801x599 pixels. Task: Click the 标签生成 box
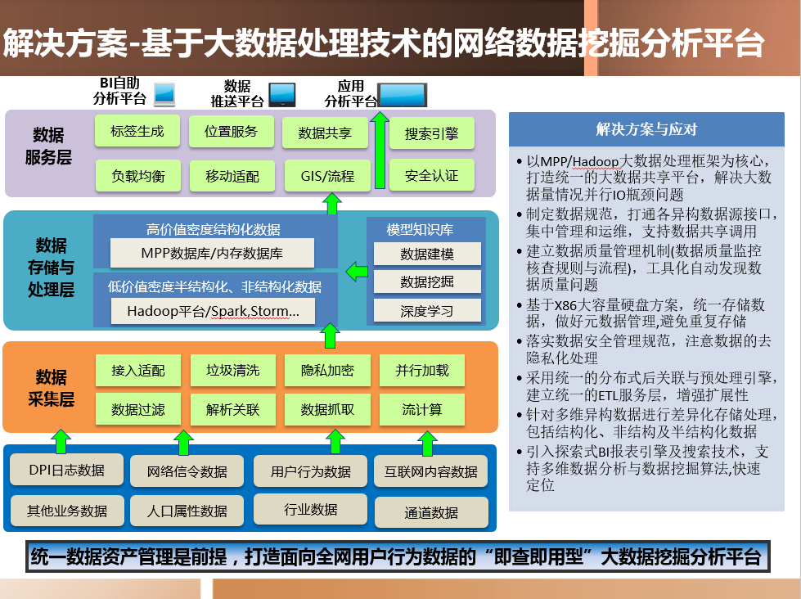pos(137,132)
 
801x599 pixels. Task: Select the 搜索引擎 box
pos(432,133)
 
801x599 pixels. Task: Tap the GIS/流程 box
pos(327,176)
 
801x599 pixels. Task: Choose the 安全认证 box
pos(432,175)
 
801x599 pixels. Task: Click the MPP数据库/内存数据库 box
pos(212,253)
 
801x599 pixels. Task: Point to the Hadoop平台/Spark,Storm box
pos(213,311)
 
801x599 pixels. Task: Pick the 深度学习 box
pos(427,310)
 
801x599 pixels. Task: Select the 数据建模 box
pos(427,254)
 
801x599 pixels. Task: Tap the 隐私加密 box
pos(327,370)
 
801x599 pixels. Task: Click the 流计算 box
pos(422,409)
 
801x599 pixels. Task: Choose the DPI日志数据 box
pos(67,469)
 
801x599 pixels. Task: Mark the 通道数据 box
pos(432,512)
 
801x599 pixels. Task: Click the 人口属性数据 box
pos(187,511)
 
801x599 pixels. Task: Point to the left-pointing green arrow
pos(357,272)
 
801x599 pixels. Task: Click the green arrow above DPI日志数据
pos(61,442)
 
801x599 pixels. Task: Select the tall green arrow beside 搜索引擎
pos(380,151)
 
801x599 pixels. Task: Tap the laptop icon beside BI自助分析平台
pos(164,95)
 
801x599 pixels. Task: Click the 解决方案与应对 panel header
pos(646,129)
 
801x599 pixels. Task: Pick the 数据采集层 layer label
pos(51,388)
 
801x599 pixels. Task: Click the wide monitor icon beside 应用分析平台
pos(402,95)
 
